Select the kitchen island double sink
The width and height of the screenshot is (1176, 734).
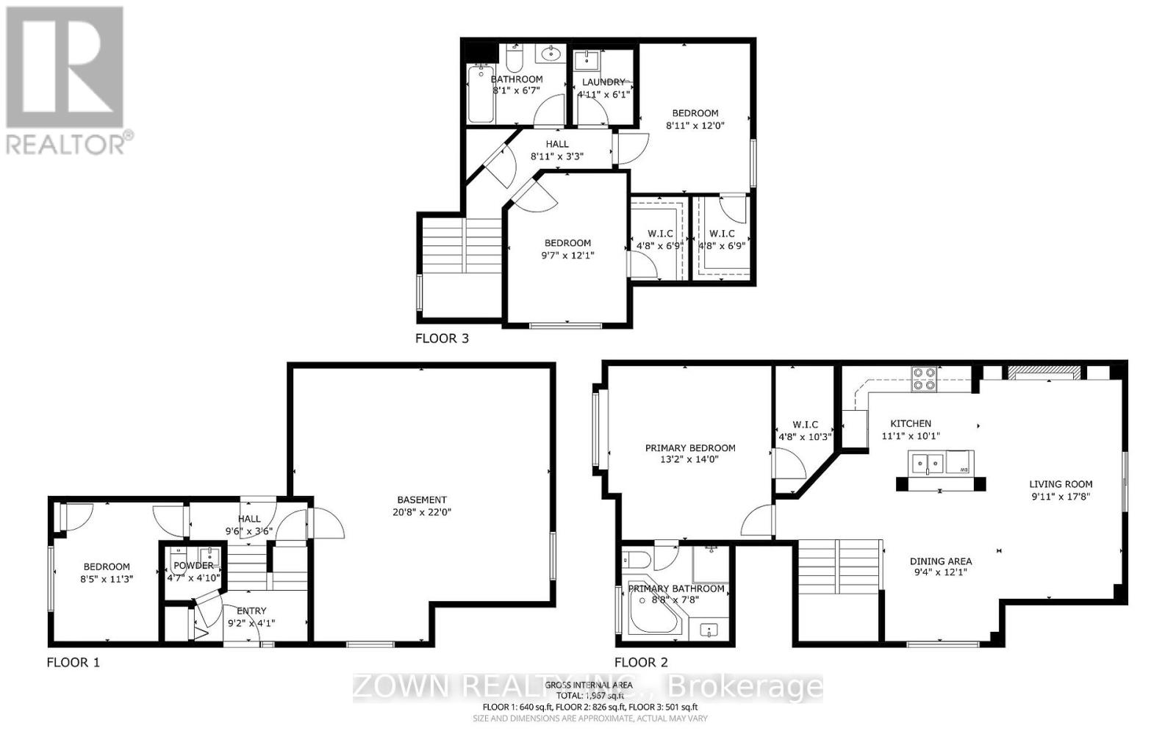click(928, 463)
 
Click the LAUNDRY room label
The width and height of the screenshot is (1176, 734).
click(603, 82)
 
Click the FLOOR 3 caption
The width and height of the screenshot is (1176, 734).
click(442, 339)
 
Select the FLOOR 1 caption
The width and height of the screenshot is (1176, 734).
click(73, 662)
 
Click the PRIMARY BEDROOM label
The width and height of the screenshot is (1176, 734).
click(689, 447)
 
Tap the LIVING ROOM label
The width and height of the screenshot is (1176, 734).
click(1060, 484)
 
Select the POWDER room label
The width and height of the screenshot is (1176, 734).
click(193, 565)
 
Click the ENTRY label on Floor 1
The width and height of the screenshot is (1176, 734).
click(251, 611)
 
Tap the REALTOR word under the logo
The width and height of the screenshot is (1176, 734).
click(65, 144)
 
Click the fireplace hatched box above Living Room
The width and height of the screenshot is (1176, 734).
click(1044, 373)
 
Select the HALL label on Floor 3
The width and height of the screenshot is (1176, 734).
click(556, 144)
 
